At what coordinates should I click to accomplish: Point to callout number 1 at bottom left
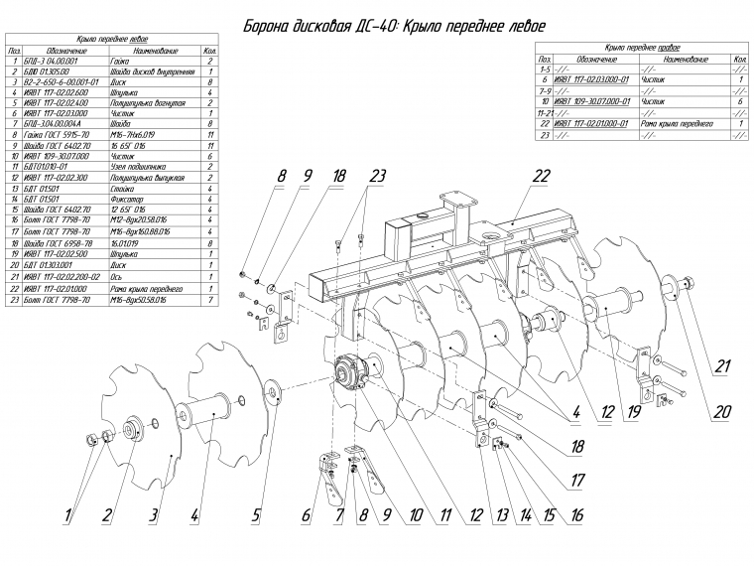(68, 514)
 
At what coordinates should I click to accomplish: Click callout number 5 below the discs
(256, 514)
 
